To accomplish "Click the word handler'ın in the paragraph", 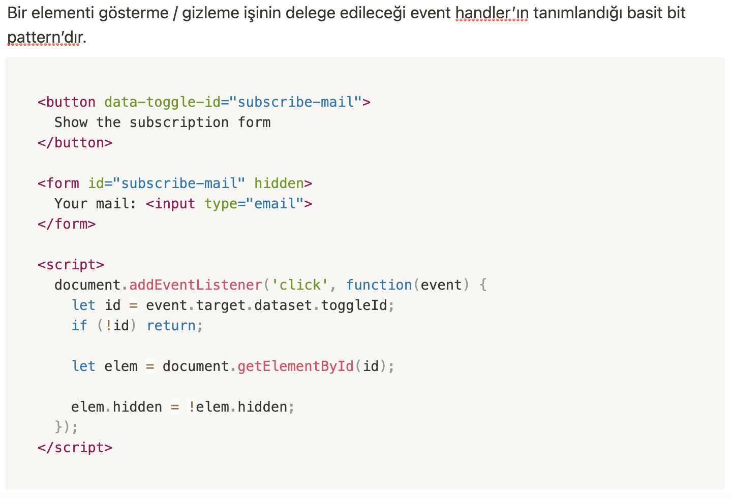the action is pyautogui.click(x=492, y=13).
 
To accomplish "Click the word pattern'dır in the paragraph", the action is pyautogui.click(x=44, y=37).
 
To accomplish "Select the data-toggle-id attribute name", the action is pyautogui.click(x=162, y=102).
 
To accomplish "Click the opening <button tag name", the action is pyautogui.click(x=67, y=102).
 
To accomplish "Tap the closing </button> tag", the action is pyautogui.click(x=75, y=143).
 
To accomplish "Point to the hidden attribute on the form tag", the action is pyautogui.click(x=279, y=183).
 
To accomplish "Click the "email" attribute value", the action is pyautogui.click(x=274, y=204).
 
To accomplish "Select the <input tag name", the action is pyautogui.click(x=171, y=204).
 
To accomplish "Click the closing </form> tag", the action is pyautogui.click(x=67, y=224).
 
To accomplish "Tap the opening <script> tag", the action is pyautogui.click(x=71, y=265).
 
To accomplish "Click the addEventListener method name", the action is pyautogui.click(x=196, y=285).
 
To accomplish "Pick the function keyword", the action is pyautogui.click(x=379, y=285).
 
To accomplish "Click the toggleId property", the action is pyautogui.click(x=354, y=305).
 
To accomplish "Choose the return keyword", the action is pyautogui.click(x=171, y=326).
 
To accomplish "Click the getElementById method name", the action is pyautogui.click(x=295, y=366).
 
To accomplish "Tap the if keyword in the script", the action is pyautogui.click(x=79, y=326).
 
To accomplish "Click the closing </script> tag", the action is pyautogui.click(x=75, y=448).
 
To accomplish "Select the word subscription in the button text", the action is pyautogui.click(x=179, y=122).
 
